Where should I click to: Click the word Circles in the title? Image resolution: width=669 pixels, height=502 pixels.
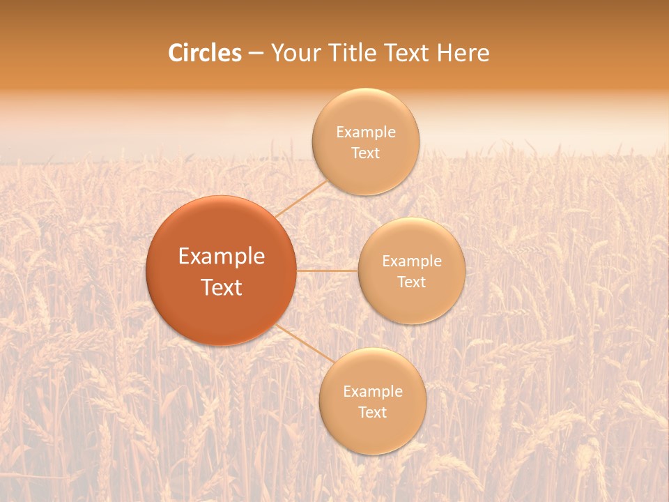click(x=205, y=53)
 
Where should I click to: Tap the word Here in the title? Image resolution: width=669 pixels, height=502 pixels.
click(x=463, y=53)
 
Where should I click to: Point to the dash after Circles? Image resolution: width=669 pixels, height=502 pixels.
click(x=255, y=54)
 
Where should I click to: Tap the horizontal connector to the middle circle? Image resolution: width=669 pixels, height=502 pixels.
click(x=327, y=271)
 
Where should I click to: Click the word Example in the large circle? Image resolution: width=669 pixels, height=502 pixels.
click(x=222, y=257)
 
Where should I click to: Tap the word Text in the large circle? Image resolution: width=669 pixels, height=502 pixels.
click(x=222, y=287)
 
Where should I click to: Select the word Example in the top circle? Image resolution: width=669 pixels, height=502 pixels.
click(x=366, y=132)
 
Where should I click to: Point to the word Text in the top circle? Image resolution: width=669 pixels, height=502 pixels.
click(x=365, y=153)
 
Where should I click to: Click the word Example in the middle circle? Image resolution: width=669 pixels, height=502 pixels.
click(x=412, y=261)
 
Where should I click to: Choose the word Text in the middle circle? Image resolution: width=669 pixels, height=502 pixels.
click(x=411, y=282)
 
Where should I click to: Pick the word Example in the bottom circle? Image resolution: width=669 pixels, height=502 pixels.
click(x=373, y=392)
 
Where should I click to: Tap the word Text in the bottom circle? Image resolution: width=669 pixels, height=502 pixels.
click(x=372, y=413)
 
